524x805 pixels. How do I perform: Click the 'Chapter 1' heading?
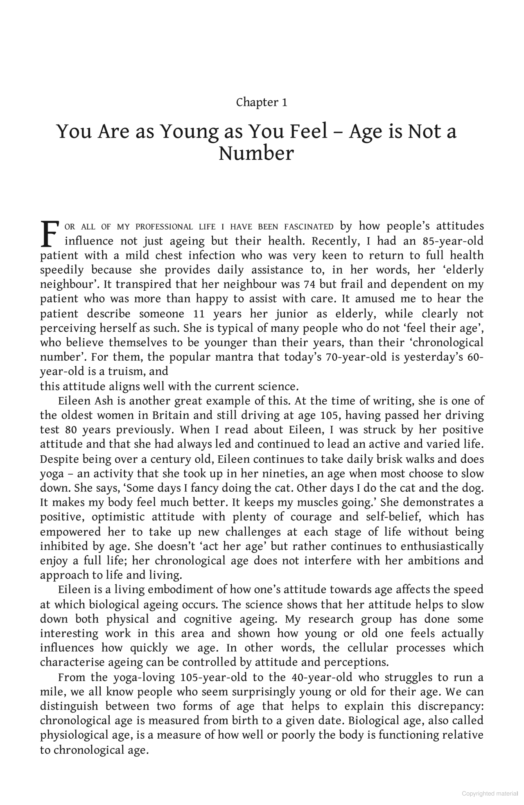262,102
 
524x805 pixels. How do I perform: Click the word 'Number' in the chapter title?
256,154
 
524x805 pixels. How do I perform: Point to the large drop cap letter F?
50,234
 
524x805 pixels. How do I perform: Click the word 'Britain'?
171,416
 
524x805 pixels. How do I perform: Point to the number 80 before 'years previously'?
70,430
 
